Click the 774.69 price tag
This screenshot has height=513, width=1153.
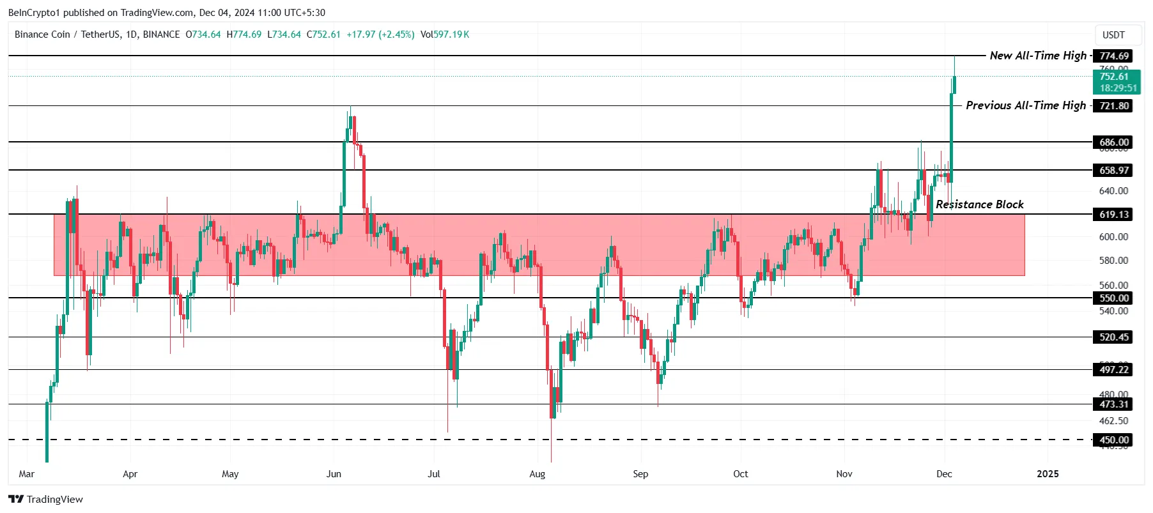click(1113, 56)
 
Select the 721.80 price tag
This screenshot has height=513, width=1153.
click(1113, 106)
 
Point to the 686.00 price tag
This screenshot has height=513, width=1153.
click(1113, 142)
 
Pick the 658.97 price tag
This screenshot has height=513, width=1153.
click(1113, 171)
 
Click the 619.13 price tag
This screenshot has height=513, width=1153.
click(1113, 215)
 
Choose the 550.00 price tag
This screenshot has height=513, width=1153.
click(1113, 298)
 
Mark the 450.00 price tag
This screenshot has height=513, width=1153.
click(1113, 440)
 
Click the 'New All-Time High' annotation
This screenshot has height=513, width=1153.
click(1037, 56)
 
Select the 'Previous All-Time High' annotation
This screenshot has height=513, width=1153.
click(1025, 105)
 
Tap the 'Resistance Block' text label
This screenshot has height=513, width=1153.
click(979, 204)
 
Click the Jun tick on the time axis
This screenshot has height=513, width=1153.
click(334, 474)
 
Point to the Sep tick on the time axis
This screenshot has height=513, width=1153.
click(640, 474)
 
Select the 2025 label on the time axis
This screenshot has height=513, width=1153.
click(1048, 474)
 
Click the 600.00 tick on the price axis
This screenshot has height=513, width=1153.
click(1113, 237)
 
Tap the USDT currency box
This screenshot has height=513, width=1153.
click(1113, 35)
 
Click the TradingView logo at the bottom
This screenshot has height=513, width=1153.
click(46, 500)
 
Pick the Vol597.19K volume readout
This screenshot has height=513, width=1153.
click(445, 34)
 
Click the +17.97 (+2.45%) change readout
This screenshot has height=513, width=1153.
click(380, 34)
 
